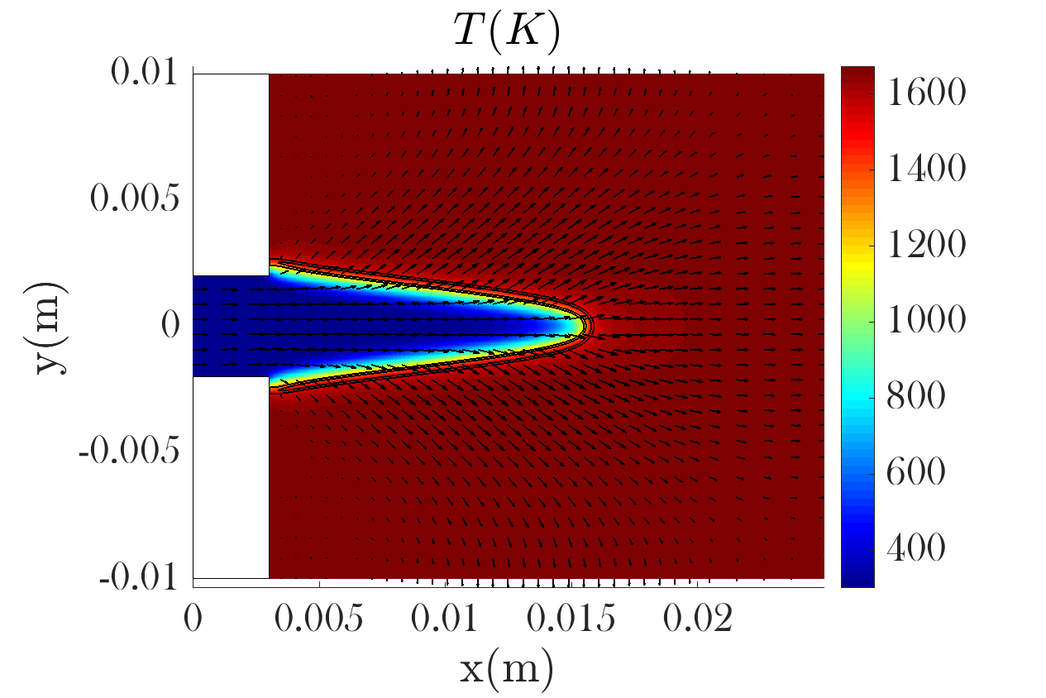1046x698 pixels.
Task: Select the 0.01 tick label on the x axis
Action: click(446, 619)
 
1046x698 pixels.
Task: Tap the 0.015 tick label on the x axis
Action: click(571, 619)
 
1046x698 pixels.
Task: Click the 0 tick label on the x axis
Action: click(193, 619)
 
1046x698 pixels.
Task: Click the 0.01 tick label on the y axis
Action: click(147, 74)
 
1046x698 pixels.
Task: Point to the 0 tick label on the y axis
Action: click(170, 325)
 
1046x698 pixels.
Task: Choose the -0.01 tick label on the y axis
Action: click(139, 576)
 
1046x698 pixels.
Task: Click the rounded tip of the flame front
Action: click(588, 325)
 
